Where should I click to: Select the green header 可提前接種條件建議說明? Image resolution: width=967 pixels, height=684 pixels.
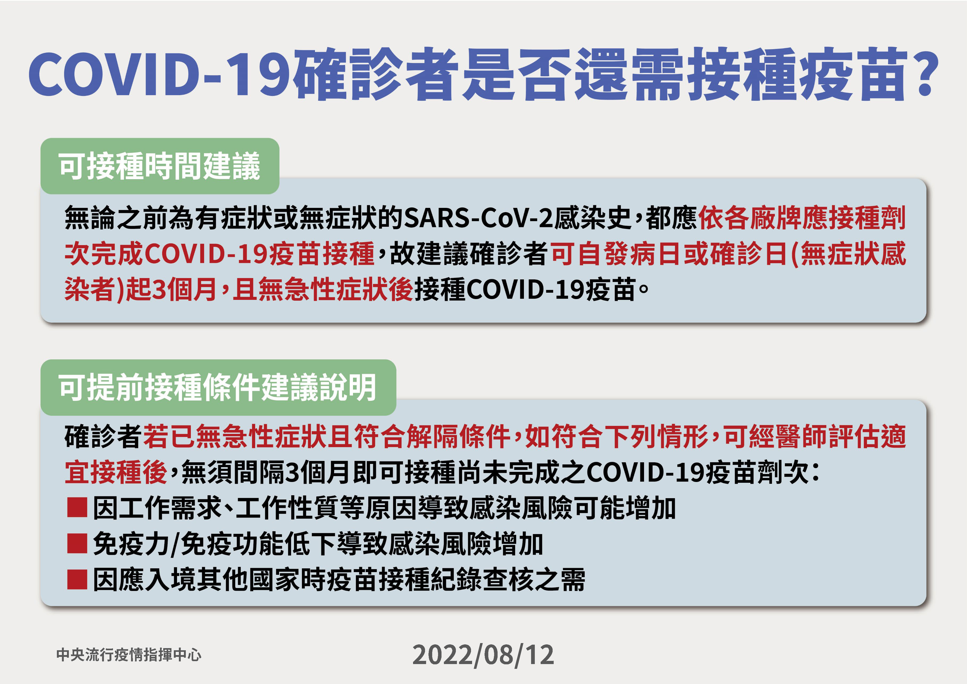click(218, 388)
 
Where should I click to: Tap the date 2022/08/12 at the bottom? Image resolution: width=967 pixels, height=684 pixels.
click(483, 655)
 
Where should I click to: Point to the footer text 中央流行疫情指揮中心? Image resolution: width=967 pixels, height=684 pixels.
click(129, 654)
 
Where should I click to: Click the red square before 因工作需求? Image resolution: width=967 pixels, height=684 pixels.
click(77, 507)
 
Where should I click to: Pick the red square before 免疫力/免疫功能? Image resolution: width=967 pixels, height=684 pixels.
click(77, 543)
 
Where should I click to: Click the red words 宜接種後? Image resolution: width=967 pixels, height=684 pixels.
click(116, 472)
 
